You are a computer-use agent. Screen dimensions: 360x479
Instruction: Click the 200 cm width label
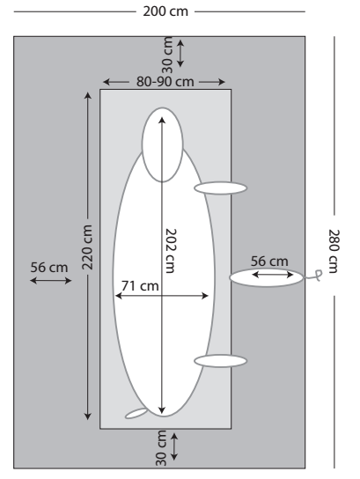click(165, 11)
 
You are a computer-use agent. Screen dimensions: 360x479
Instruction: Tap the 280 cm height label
click(334, 251)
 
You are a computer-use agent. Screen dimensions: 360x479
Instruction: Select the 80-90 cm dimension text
click(165, 82)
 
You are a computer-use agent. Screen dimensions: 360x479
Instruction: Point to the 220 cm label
click(87, 247)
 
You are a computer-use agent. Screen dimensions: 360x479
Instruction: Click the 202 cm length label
click(171, 251)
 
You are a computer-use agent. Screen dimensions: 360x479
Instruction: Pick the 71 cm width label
click(140, 286)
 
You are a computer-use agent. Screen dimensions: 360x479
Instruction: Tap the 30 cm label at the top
click(167, 55)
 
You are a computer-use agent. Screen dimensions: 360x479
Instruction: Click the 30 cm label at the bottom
click(161, 448)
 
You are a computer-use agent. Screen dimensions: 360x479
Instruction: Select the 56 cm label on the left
click(49, 268)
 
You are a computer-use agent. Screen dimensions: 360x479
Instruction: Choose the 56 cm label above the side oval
click(269, 262)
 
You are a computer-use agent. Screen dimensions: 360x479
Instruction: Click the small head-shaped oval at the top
click(163, 144)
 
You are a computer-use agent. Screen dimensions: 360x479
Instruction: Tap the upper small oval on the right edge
click(220, 188)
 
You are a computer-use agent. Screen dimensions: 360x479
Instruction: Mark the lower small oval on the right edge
click(220, 361)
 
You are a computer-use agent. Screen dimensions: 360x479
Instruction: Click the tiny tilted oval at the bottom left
click(136, 413)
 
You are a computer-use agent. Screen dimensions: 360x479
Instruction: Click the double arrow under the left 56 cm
click(51, 280)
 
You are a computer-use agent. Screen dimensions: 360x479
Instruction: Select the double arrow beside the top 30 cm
click(180, 54)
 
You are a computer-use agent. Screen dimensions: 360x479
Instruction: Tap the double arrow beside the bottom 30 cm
click(174, 446)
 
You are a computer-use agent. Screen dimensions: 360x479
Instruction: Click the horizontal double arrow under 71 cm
click(162, 296)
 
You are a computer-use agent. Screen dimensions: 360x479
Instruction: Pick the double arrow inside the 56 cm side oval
click(272, 275)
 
